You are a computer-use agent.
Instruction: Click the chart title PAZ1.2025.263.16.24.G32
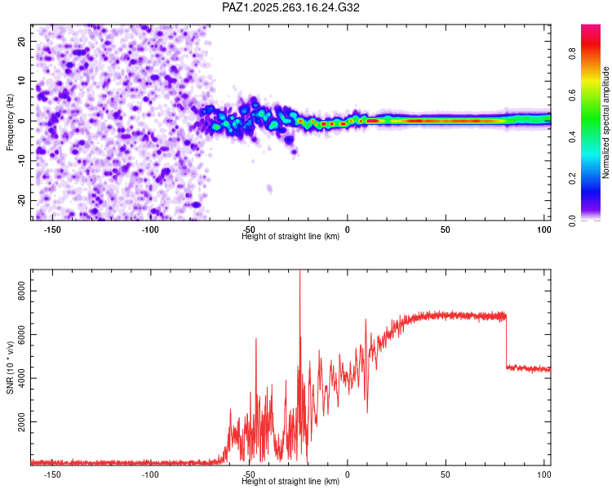click(291, 7)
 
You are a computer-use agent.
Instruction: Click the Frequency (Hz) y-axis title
click(11, 121)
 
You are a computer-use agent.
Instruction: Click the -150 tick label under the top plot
click(51, 229)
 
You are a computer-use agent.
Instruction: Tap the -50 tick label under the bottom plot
click(249, 474)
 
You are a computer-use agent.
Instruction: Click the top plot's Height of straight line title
click(290, 237)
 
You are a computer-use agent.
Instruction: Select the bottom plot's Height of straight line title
click(290, 482)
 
